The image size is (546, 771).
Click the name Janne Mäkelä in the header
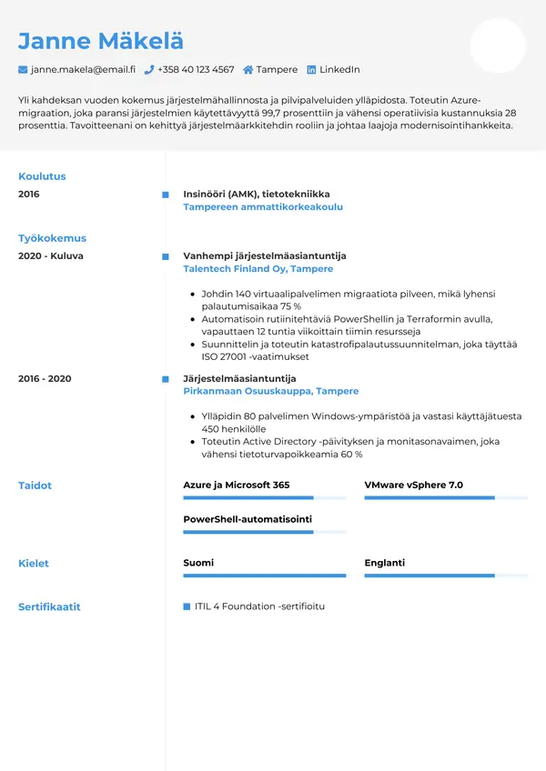click(100, 41)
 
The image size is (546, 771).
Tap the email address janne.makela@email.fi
click(83, 69)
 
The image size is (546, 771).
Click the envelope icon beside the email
click(23, 69)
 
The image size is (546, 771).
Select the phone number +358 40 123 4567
click(196, 69)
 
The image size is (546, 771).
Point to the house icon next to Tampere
click(248, 69)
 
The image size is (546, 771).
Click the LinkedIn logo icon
click(311, 69)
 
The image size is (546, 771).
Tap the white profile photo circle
click(498, 45)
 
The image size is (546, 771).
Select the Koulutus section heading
click(42, 176)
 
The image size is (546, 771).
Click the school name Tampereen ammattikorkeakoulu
click(263, 207)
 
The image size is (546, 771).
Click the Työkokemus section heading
click(52, 238)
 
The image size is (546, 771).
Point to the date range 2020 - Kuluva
click(51, 256)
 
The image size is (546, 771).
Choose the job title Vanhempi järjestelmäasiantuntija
click(265, 256)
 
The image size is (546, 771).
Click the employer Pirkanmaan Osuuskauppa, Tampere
click(271, 391)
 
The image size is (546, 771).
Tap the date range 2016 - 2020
click(45, 378)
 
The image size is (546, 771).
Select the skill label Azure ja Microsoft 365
click(237, 486)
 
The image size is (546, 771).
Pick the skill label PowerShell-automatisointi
click(248, 518)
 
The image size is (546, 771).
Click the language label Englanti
click(385, 563)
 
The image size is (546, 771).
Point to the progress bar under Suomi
click(264, 576)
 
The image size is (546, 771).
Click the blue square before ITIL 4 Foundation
click(187, 606)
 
